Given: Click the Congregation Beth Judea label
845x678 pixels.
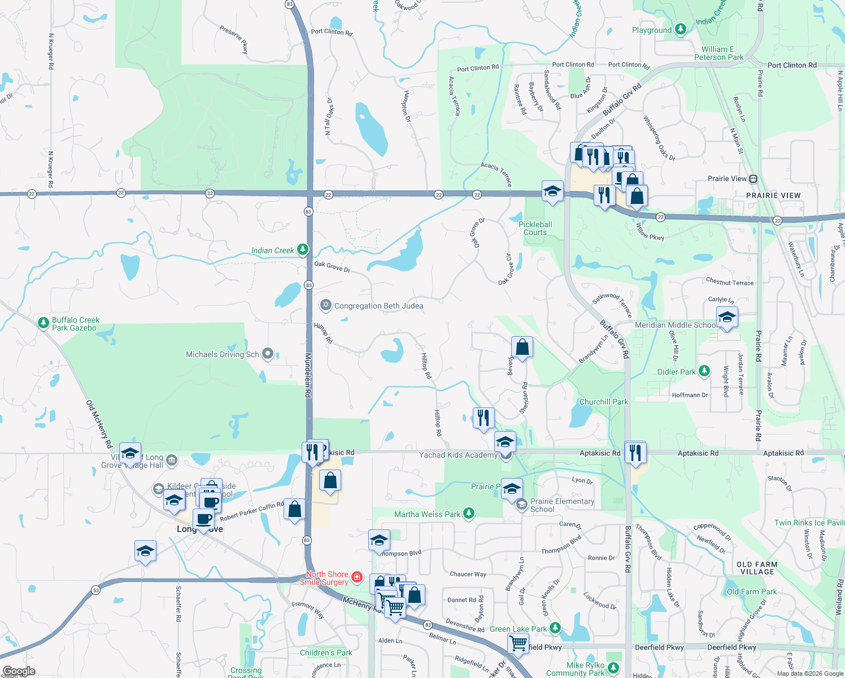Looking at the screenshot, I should [378, 306].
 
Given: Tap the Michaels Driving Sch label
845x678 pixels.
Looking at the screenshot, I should [223, 354].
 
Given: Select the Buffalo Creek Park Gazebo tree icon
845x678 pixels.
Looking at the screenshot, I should [43, 323].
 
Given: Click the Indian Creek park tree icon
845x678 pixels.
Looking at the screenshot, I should [303, 249].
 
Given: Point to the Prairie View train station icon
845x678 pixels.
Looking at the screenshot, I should [753, 179].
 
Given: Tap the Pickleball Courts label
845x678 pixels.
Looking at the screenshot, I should [535, 228].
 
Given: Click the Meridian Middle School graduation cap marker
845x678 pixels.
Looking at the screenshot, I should [726, 318].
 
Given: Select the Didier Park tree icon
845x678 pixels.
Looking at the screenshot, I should [704, 371].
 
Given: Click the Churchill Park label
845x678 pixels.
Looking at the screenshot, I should [603, 402].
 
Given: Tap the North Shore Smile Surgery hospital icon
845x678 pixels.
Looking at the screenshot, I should [356, 577].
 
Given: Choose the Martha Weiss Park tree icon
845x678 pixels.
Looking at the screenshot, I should [468, 513].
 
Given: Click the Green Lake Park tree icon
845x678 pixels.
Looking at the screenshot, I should [555, 628].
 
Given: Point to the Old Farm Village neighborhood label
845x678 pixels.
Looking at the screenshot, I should [757, 568].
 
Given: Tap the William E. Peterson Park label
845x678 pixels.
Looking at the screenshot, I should [718, 53].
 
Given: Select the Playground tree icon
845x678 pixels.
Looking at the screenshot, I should [681, 29].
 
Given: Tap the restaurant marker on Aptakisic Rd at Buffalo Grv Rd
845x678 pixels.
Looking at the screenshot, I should [635, 453].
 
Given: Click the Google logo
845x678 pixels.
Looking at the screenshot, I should [19, 671].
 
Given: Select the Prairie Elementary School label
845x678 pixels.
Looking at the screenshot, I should [562, 505].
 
